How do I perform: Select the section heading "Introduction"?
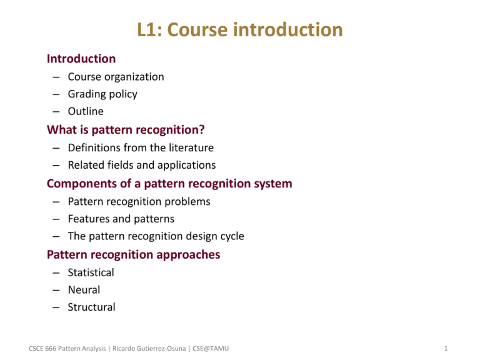(81, 59)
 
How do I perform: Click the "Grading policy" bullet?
(103, 94)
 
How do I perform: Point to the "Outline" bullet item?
(86, 112)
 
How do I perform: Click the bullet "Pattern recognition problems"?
(139, 202)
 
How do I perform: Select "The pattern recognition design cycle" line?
(156, 237)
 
